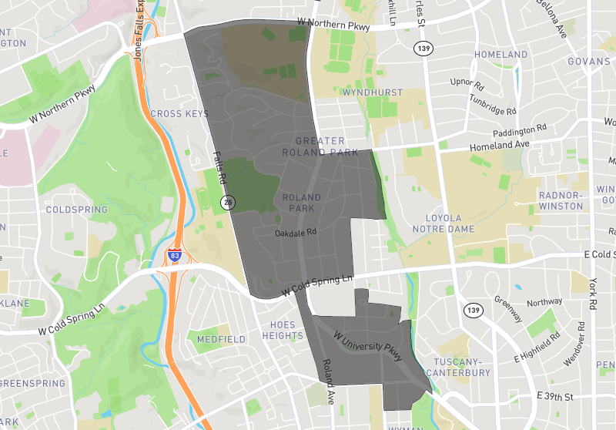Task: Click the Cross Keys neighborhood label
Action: tap(179, 114)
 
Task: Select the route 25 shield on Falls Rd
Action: tap(228, 203)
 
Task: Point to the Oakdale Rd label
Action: tap(296, 232)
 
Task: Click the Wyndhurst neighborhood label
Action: tap(373, 92)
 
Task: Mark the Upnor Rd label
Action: tap(467, 81)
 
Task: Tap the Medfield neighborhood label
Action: tap(221, 339)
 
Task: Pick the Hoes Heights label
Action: tap(283, 331)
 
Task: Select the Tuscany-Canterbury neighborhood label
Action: tap(462, 368)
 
